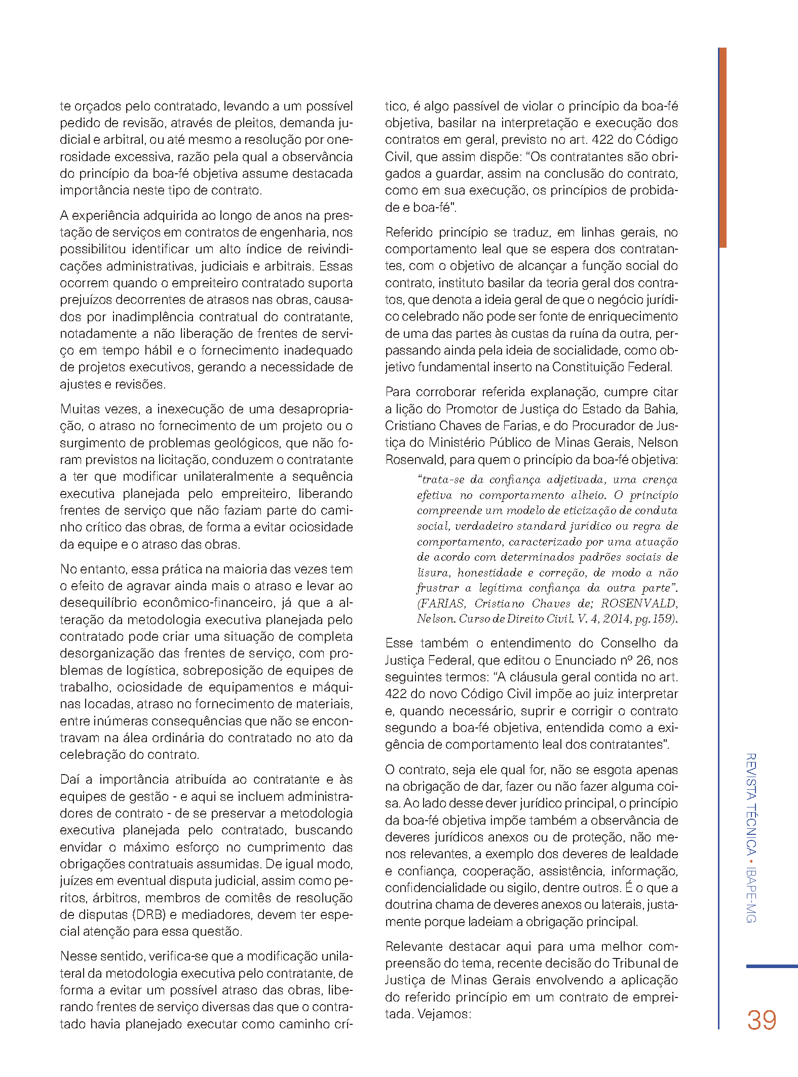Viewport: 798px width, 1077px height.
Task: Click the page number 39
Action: click(761, 1020)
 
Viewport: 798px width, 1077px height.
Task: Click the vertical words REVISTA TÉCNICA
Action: click(751, 804)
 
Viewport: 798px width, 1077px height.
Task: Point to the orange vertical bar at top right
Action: click(722, 147)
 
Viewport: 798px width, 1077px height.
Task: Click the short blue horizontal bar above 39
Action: click(772, 966)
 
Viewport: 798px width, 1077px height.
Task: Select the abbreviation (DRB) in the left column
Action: click(148, 914)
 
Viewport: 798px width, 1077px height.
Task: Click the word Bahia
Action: click(660, 409)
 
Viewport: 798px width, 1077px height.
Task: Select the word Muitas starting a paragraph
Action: click(80, 409)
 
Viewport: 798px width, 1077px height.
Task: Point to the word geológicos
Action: click(248, 443)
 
